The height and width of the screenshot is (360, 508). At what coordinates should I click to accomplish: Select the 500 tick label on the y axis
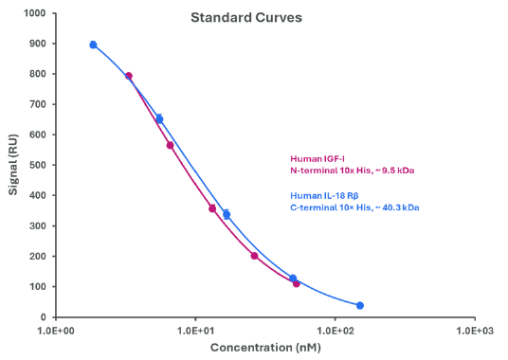coord(37,165)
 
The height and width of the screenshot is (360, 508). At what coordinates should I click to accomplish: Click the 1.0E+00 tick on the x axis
coord(57,331)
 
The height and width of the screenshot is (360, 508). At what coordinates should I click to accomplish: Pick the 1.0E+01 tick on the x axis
coord(195,331)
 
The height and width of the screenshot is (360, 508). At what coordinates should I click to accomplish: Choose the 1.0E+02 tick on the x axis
coord(335,331)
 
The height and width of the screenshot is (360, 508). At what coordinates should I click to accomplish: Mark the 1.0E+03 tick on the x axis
coord(474,331)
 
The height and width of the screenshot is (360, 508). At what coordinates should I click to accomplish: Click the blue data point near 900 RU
coord(93,45)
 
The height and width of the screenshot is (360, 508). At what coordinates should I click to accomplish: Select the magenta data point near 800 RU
coord(129,76)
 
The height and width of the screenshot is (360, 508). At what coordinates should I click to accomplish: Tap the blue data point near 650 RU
coord(159,119)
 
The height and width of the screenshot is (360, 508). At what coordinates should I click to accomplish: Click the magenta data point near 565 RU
coord(171,145)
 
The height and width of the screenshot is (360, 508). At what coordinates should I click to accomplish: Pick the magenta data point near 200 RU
coord(254,256)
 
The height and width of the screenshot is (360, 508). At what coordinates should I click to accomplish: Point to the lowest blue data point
coord(360,305)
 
